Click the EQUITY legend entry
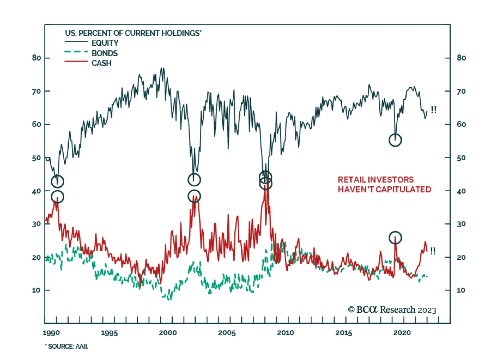click(x=105, y=43)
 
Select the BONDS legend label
click(x=104, y=53)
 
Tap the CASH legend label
click(x=101, y=63)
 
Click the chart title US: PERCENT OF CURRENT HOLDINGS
click(x=133, y=33)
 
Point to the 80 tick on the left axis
click(x=36, y=58)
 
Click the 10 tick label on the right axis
click(x=461, y=290)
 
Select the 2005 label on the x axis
click(x=227, y=333)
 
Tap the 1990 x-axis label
click(x=51, y=333)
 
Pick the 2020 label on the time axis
click(x=402, y=333)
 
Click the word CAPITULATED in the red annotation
click(x=403, y=189)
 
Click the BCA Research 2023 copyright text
click(x=392, y=310)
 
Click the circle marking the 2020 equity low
click(x=395, y=140)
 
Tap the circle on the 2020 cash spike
click(x=395, y=238)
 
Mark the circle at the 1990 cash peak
click(x=57, y=197)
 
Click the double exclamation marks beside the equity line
click(x=434, y=110)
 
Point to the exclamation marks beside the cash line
click(x=433, y=251)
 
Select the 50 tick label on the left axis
click(x=36, y=158)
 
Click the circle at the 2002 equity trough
click(x=194, y=180)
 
